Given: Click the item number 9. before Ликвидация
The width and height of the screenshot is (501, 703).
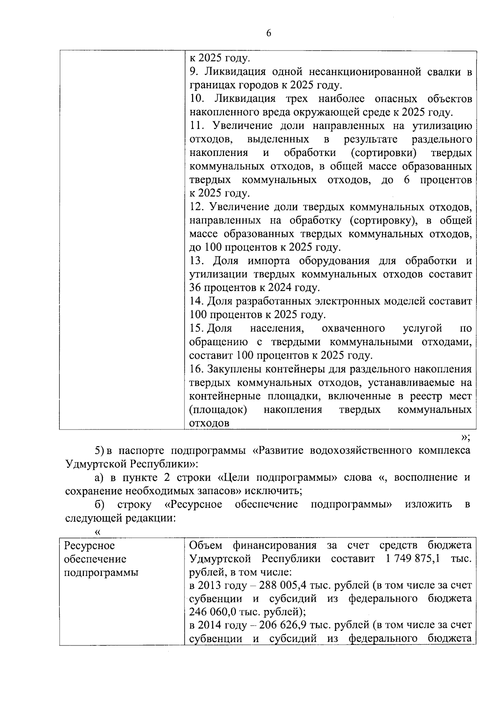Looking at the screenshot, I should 194,72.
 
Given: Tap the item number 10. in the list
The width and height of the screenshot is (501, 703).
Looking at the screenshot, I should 197,99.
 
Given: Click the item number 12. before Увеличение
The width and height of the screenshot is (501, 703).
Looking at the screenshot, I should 197,207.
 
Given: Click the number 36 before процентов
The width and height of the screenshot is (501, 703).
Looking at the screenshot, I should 195,288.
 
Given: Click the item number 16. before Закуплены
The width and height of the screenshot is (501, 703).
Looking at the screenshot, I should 197,369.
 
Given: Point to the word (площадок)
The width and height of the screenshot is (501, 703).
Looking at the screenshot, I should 218,409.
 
